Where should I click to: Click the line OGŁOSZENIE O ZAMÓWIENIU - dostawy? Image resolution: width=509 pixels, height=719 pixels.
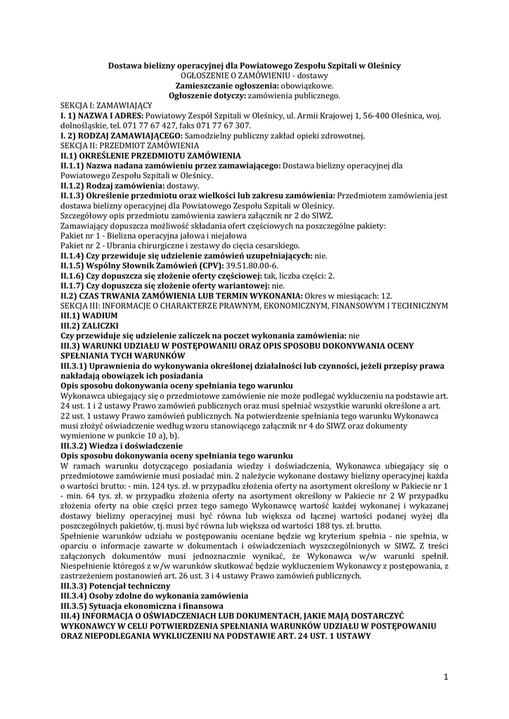(254, 74)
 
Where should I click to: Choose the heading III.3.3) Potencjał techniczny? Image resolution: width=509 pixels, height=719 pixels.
(115, 585)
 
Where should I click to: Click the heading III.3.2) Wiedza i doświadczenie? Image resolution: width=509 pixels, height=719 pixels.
(122, 445)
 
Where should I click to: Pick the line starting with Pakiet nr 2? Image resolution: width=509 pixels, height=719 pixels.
(180, 246)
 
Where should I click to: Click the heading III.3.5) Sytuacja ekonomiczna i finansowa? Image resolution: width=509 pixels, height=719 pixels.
(141, 605)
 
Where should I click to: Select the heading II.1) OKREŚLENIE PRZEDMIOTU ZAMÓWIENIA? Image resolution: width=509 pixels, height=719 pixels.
(151, 155)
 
